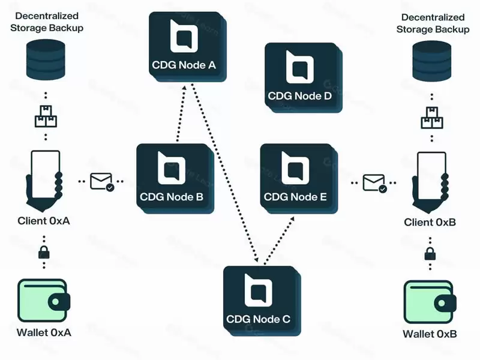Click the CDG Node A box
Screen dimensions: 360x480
tap(187, 45)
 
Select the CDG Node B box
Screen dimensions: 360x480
tap(174, 177)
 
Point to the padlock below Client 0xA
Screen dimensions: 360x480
tap(44, 252)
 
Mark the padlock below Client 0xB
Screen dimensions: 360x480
tap(430, 253)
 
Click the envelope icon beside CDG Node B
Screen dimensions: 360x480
tap(101, 181)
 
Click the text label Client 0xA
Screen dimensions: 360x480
tap(44, 221)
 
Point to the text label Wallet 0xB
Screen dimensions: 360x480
tap(430, 334)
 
